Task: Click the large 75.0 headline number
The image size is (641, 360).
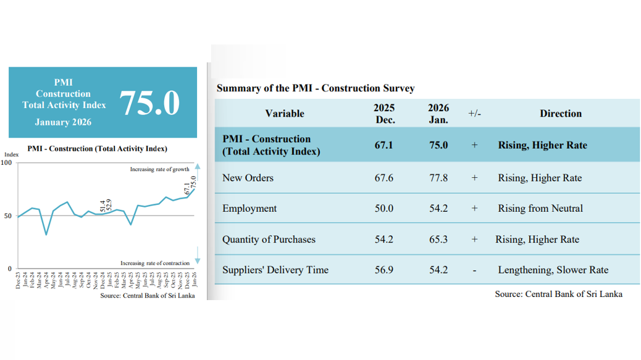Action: [149, 103]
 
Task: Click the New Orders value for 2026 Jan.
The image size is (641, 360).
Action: [438, 178]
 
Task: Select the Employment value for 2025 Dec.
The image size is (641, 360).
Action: [383, 209]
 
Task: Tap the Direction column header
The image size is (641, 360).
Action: [560, 114]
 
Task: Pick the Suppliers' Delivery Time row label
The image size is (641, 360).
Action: [275, 270]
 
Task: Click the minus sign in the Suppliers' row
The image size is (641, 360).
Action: [474, 270]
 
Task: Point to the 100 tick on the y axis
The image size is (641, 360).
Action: [7, 162]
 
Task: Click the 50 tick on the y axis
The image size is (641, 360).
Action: [8, 216]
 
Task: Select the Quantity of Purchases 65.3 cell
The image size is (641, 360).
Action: [438, 240]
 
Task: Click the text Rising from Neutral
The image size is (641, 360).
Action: [540, 209]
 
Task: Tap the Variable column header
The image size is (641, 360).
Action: [285, 114]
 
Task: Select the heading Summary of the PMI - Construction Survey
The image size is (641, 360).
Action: [316, 88]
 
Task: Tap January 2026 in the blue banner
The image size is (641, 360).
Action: [63, 122]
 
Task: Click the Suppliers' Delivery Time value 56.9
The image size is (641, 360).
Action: [383, 270]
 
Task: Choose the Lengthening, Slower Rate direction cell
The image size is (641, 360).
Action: [553, 270]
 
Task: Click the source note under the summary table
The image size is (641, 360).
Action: [558, 294]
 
